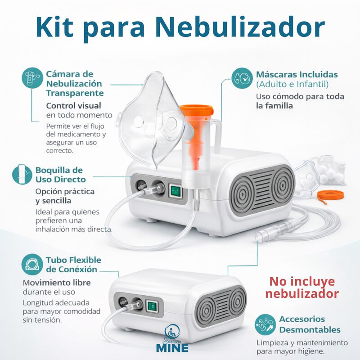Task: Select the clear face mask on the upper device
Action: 153,117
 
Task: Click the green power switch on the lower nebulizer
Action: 152,307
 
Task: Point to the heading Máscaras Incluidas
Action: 297,74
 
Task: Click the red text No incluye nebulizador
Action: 302,288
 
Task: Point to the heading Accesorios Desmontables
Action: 310,324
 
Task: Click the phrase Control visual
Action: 73,106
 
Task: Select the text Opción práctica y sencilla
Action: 65,196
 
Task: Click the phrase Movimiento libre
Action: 56,283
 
